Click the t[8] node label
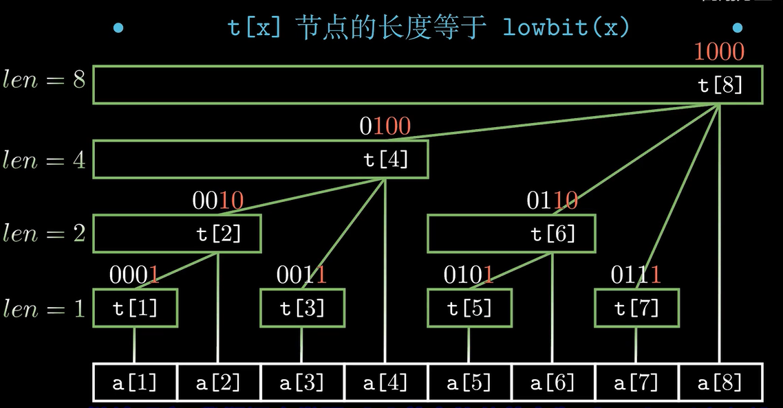coord(720,85)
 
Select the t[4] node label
coord(386,159)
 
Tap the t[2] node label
coord(219,234)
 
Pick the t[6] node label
coord(553,234)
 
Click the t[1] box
coord(135,308)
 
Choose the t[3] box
coord(302,308)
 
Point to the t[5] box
coord(469,308)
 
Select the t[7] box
coord(636,308)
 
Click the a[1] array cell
coord(135,383)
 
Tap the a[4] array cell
coord(386,383)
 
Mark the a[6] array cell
coord(553,383)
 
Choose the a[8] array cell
coord(720,383)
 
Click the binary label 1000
coord(719,52)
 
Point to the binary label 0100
coord(385,126)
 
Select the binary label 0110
coord(552,201)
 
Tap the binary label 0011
coord(301,275)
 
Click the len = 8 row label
coord(44,80)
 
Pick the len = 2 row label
coord(44,234)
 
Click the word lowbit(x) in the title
coord(566,28)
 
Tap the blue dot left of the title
coord(118,28)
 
